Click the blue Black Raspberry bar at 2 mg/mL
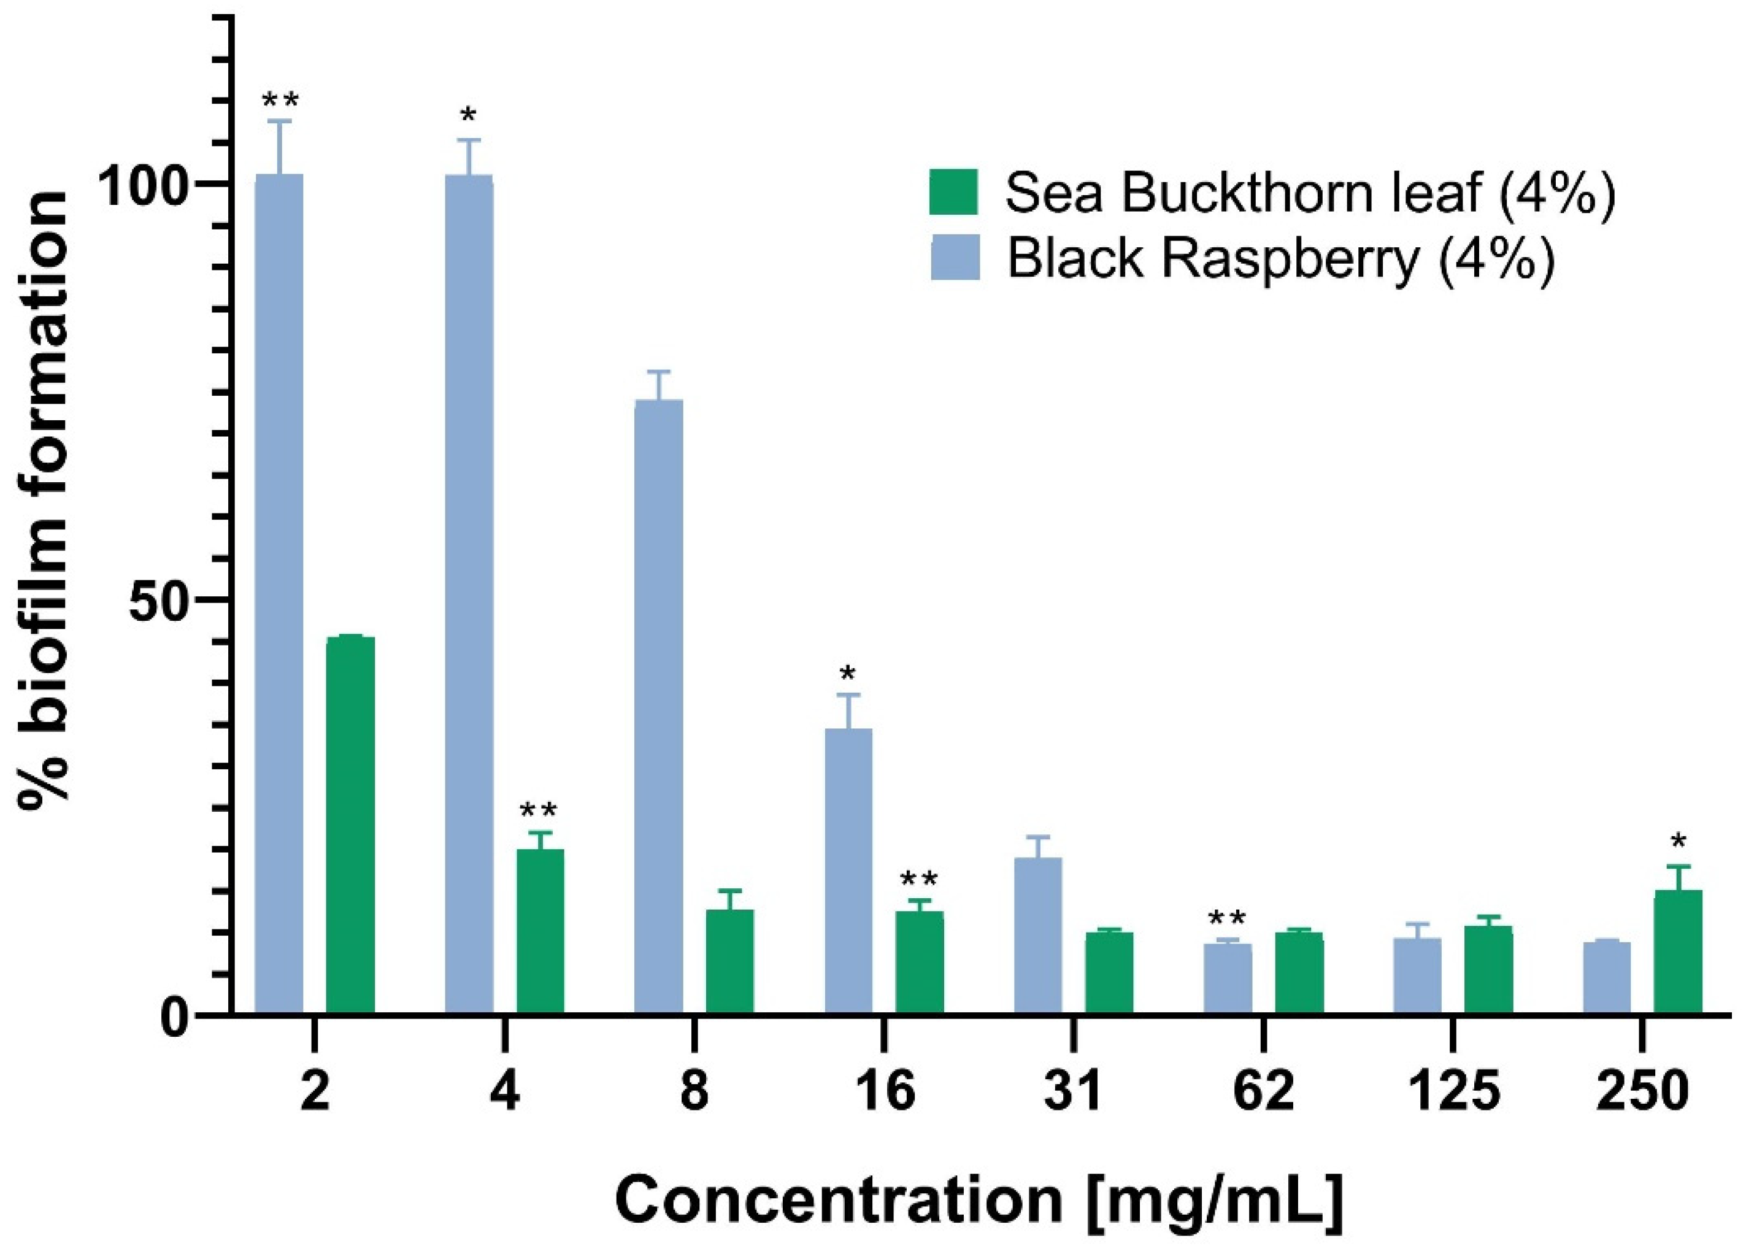279,593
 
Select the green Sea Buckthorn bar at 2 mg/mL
350,825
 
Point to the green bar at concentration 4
540,931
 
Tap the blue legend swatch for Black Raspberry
955,257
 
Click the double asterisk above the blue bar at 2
280,101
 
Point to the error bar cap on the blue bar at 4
468,140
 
